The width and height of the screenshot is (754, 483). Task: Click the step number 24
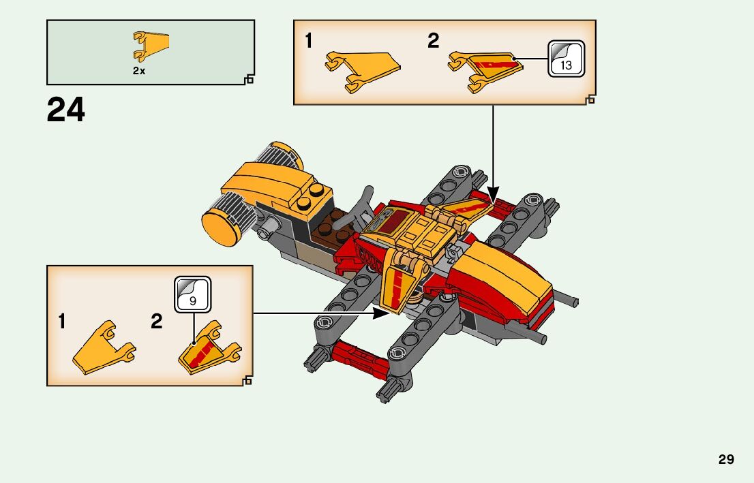tap(66, 110)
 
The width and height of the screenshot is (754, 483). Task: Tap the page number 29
tap(726, 459)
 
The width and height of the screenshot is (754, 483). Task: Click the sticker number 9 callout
tap(192, 294)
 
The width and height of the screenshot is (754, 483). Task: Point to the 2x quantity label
tap(139, 71)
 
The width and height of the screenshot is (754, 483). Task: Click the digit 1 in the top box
tap(309, 42)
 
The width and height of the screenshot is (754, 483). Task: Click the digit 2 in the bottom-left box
tap(157, 322)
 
